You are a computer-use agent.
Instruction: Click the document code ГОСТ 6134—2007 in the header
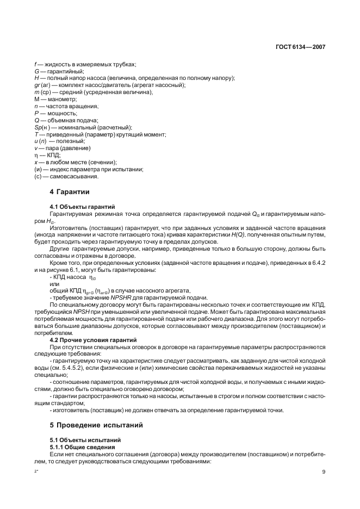click(x=301, y=47)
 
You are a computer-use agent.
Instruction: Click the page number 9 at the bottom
click(x=323, y=471)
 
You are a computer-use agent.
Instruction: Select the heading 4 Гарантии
click(x=70, y=192)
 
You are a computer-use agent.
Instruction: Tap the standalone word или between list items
click(x=54, y=284)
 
